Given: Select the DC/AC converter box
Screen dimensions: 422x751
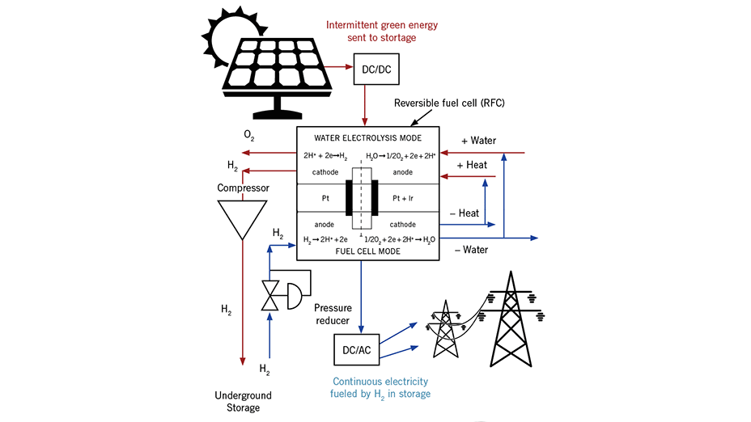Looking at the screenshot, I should [357, 348].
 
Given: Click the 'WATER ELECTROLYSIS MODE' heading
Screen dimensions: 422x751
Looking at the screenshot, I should [367, 137].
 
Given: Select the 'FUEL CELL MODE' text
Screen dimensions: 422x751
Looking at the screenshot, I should [367, 251].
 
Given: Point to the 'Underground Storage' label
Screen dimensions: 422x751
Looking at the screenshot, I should [243, 402].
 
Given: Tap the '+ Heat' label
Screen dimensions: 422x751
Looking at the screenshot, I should [472, 165].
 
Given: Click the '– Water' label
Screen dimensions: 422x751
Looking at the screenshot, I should [471, 250].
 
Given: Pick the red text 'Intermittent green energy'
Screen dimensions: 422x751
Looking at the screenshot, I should [381, 25].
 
